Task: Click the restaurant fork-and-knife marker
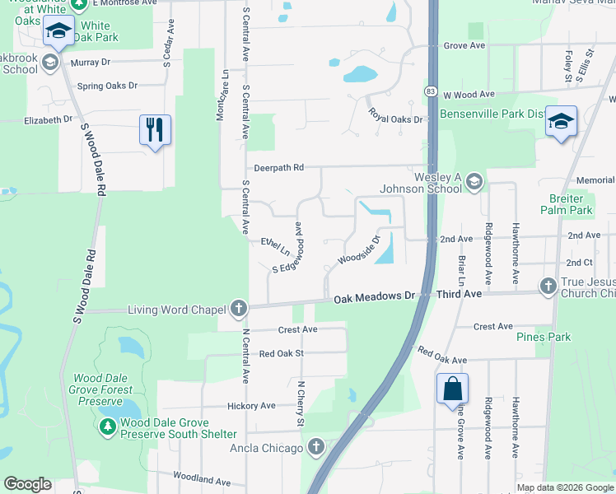click(x=155, y=130)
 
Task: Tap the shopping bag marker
click(x=452, y=389)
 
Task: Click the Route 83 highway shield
click(x=431, y=90)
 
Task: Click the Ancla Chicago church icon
click(x=316, y=448)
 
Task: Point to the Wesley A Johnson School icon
click(x=474, y=179)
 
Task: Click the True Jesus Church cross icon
click(x=548, y=286)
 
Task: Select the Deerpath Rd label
click(x=279, y=167)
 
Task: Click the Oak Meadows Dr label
click(x=373, y=295)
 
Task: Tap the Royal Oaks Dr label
click(x=394, y=115)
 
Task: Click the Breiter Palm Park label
click(x=566, y=204)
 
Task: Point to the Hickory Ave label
click(x=252, y=405)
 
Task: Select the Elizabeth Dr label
click(x=49, y=119)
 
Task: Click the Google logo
click(x=28, y=483)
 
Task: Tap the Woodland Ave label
click(x=201, y=479)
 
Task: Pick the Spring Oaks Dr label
click(x=107, y=86)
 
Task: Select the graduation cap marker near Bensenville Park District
click(x=561, y=122)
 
